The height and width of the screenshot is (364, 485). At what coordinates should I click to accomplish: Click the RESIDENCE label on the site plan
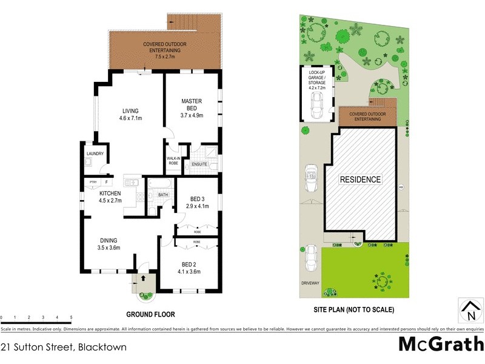(360, 180)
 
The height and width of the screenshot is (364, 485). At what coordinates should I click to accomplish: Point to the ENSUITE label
(199, 163)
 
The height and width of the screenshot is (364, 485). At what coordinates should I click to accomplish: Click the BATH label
(163, 195)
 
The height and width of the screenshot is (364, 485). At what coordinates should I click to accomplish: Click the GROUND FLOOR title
(150, 315)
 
